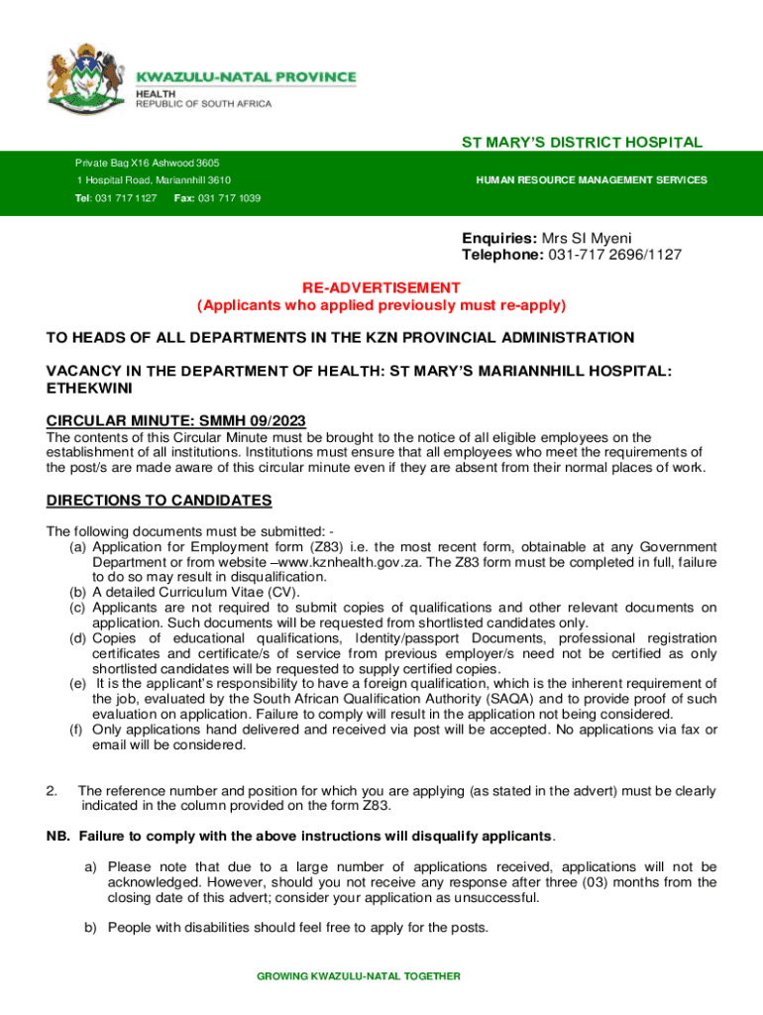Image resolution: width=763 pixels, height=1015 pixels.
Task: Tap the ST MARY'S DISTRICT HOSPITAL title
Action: pos(582,143)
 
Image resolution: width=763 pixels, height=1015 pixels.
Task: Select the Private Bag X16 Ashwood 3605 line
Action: pos(148,163)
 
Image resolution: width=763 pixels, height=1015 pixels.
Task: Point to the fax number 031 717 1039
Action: pos(217,198)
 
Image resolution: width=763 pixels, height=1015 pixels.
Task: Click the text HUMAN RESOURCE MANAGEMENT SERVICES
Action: pos(592,180)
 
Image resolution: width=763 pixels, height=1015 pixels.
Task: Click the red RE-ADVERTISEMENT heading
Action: pos(381,287)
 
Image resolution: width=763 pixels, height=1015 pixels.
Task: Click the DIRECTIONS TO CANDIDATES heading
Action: pos(159,501)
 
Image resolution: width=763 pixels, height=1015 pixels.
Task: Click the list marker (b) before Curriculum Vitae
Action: pos(76,592)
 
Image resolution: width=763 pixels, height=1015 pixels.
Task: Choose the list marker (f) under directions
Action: pos(75,730)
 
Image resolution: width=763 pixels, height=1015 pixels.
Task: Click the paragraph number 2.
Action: pos(52,791)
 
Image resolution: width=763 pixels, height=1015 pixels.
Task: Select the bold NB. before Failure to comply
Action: pos(57,836)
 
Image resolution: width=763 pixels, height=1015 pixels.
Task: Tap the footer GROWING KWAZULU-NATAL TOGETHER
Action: pos(359,976)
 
